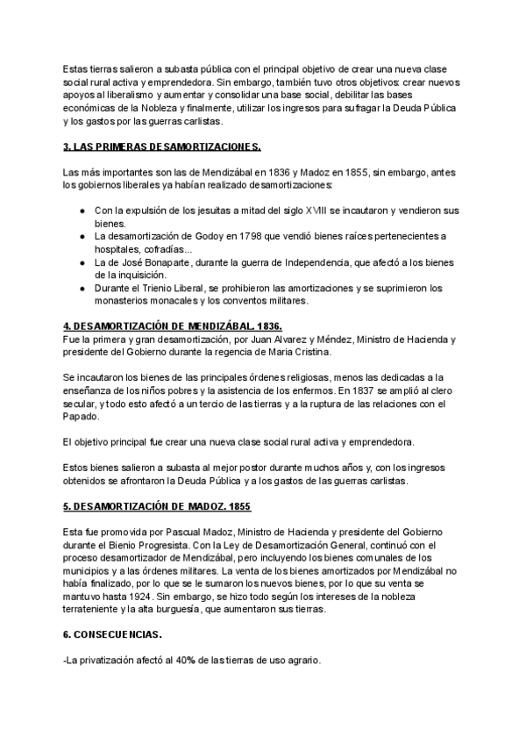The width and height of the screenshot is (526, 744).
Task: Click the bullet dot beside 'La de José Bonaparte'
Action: pos(82,261)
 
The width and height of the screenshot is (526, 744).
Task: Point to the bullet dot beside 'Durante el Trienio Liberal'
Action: pos(82,287)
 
